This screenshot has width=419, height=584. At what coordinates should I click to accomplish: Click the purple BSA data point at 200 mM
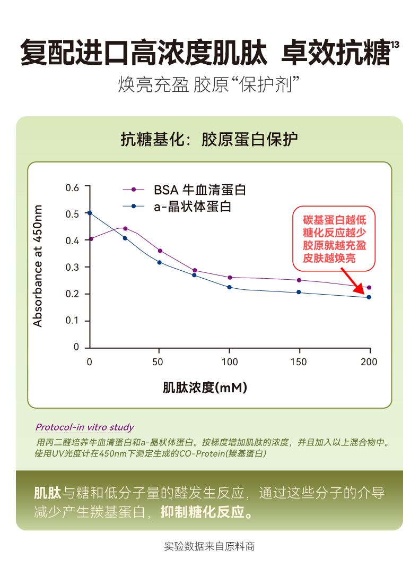click(369, 287)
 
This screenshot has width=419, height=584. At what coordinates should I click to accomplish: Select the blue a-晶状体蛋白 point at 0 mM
click(90, 213)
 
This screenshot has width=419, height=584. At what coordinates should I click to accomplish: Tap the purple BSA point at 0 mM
click(91, 238)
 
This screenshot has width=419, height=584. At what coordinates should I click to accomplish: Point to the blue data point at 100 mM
click(230, 287)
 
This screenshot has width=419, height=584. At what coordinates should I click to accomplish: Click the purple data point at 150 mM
click(299, 280)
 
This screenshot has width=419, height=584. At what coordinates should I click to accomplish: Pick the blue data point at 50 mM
click(159, 262)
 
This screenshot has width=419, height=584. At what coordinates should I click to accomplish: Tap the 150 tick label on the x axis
click(299, 362)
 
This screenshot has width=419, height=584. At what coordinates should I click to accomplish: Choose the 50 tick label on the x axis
click(159, 362)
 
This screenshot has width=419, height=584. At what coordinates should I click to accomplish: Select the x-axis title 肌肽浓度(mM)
click(205, 388)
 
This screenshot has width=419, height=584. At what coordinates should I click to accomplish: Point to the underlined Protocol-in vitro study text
click(84, 427)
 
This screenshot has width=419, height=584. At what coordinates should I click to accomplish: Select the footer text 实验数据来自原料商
click(210, 546)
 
